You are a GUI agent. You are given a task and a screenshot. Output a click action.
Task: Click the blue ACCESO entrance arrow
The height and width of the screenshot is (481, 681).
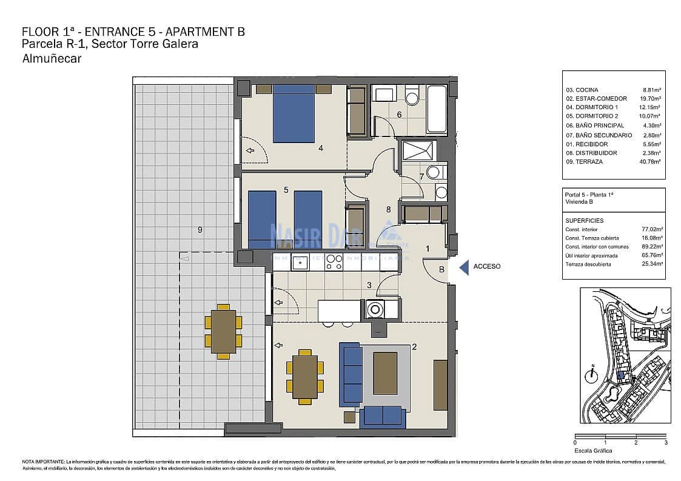pos(464,267)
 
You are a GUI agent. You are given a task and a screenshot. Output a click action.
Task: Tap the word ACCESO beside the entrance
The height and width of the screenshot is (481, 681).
pos(487,266)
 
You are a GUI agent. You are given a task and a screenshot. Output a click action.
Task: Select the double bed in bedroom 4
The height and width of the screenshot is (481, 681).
pos(294,114)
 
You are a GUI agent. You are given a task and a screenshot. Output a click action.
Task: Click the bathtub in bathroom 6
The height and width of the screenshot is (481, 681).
pos(437,109)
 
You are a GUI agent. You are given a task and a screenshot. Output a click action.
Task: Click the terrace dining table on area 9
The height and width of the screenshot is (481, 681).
pos(223,331)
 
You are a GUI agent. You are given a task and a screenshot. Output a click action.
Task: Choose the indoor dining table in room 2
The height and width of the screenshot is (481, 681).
pos(305,377)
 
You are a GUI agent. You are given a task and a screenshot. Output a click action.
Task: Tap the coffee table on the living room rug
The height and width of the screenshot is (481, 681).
pos(385,374)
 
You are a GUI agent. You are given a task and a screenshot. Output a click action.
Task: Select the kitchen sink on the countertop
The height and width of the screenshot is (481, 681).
pos(300,263)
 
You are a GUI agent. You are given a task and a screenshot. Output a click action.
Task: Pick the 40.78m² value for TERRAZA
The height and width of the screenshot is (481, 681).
pos(650,162)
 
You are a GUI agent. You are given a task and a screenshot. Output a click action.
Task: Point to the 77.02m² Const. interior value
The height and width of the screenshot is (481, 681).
pos(652,230)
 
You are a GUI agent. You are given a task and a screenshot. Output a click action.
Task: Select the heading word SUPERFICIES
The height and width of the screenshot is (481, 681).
pos(584,221)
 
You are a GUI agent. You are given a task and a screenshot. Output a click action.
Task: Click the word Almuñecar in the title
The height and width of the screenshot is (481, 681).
pos(52,59)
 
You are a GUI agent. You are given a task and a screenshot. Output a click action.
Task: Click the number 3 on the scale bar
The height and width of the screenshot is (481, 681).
pos(666,443)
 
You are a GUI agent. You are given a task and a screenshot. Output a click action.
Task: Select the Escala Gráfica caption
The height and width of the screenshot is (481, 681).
pos(593,451)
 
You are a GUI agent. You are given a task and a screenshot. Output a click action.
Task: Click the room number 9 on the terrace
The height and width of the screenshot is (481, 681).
pos(200,229)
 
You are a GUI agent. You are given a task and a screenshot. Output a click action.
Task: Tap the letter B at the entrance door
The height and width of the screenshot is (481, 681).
pos(441,269)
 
